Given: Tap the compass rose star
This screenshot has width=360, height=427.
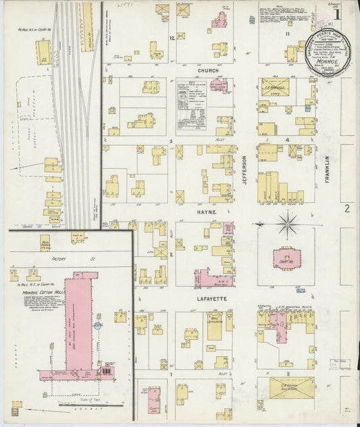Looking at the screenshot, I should click(288, 222).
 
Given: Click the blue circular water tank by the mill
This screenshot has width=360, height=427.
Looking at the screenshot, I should click(98, 326).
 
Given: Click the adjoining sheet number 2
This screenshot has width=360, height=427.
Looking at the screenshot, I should click(347, 208).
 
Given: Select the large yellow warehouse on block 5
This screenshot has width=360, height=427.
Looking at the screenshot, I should click(292, 388).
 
